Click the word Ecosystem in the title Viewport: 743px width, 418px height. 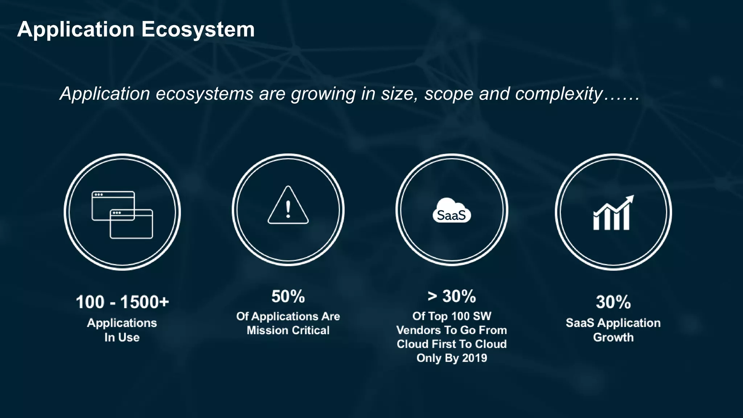(198, 29)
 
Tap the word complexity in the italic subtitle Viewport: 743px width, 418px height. (559, 94)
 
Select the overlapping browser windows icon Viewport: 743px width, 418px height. (122, 214)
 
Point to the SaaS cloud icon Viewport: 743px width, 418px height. (452, 211)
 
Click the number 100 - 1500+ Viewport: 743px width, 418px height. (122, 302)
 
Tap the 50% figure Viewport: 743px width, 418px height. (288, 296)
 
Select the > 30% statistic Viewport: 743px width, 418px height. (452, 296)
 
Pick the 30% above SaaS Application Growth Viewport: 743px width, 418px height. (613, 302)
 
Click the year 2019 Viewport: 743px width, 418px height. (475, 358)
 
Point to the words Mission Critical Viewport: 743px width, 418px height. (288, 331)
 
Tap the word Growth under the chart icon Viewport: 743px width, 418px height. (613, 337)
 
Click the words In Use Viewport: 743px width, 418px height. (122, 337)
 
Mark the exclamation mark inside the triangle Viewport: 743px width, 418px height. (288, 209)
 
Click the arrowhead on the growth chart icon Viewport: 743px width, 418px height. (630, 199)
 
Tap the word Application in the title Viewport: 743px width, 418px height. (76, 29)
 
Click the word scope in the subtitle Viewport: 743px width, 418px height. (449, 94)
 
